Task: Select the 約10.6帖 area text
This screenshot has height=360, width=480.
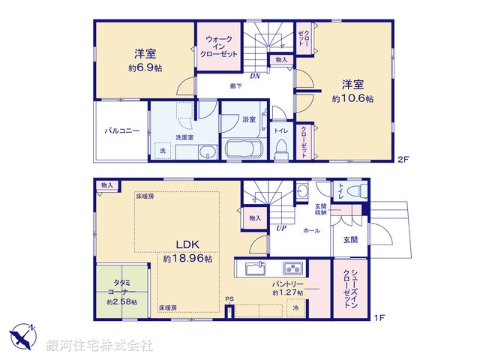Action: pyautogui.click(x=354, y=98)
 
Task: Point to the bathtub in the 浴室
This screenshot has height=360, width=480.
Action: pyautogui.click(x=241, y=148)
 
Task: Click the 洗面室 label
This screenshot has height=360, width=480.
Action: pyautogui.click(x=185, y=137)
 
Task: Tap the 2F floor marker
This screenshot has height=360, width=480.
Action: pyautogui.click(x=403, y=158)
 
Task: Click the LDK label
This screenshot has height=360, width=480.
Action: pyautogui.click(x=187, y=244)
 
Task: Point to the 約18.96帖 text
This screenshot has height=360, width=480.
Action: pyautogui.click(x=187, y=258)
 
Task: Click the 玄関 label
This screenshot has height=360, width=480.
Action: pyautogui.click(x=351, y=240)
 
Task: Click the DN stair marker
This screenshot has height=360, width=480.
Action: pyautogui.click(x=255, y=75)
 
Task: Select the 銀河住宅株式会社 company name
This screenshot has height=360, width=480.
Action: pyautogui.click(x=100, y=345)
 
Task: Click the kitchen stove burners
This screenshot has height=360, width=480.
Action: pyautogui.click(x=291, y=268)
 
